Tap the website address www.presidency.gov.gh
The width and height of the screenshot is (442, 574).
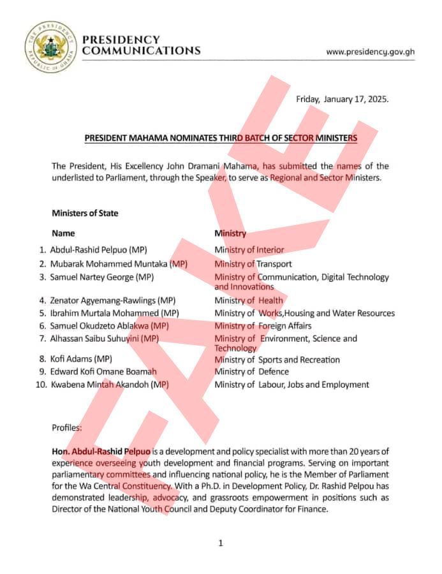(x=370, y=52)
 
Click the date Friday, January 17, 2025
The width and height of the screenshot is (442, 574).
(x=342, y=99)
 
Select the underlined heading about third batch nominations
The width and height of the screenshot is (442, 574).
(x=221, y=138)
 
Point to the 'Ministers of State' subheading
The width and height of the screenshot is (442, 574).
(x=85, y=213)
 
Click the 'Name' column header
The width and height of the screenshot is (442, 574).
(x=63, y=233)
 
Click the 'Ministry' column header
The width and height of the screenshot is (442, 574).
(x=230, y=233)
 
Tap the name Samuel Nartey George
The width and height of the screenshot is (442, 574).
(x=102, y=277)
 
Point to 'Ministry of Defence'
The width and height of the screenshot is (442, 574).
(x=251, y=371)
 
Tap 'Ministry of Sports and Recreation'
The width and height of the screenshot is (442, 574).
(x=277, y=360)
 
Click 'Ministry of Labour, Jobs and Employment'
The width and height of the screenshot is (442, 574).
(x=291, y=385)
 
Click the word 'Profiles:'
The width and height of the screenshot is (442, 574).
(x=66, y=427)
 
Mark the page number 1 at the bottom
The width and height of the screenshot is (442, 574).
(x=221, y=543)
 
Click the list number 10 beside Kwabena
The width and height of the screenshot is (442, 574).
(x=41, y=385)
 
